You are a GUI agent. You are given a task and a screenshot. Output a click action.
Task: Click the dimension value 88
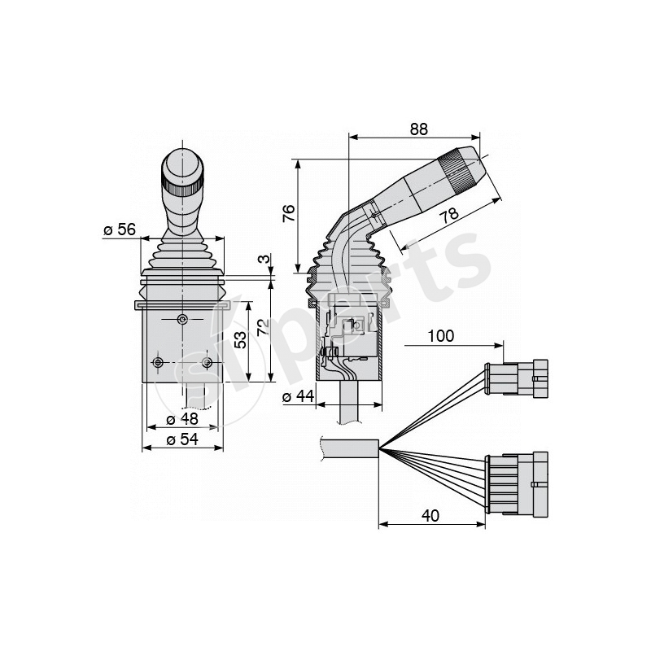coord(417,129)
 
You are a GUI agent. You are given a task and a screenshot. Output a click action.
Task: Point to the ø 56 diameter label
coord(120,230)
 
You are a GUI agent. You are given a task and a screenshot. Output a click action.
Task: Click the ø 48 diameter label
coord(182,420)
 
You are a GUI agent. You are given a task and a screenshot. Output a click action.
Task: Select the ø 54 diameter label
coord(182,439)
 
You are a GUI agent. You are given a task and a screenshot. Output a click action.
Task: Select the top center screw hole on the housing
coord(183,319)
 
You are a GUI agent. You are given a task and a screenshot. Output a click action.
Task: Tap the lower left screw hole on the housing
coord(158,361)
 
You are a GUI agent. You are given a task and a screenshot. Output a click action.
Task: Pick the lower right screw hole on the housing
coord(208,361)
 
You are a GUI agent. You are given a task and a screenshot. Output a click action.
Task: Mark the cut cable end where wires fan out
coord(376,448)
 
